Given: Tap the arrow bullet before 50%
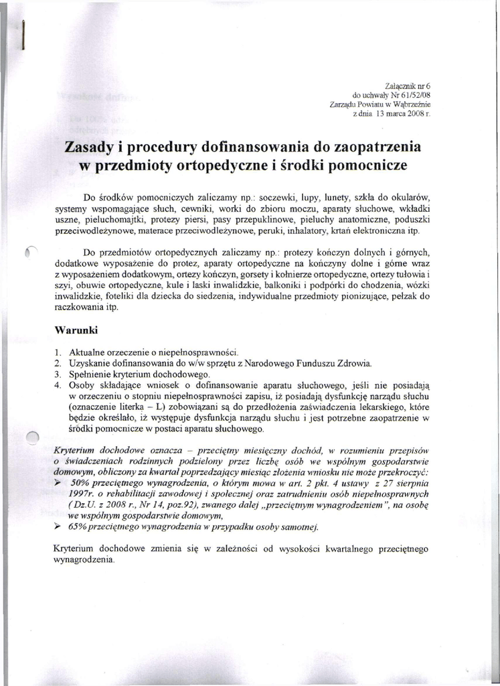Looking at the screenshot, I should [x=58, y=482].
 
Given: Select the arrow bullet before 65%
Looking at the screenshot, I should [x=58, y=527].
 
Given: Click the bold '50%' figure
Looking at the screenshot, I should [x=80, y=483].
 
